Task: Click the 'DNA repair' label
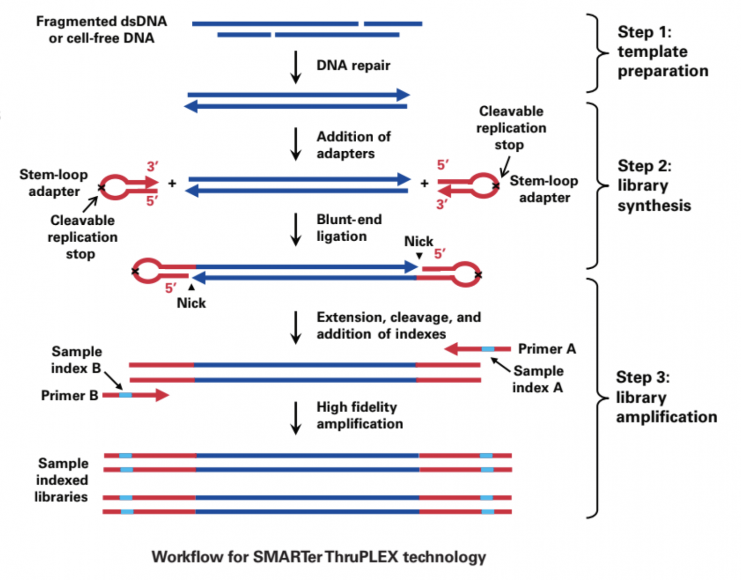(353, 65)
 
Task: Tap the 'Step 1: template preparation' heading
(662, 51)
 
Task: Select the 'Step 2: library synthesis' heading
(654, 186)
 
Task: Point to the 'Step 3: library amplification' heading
(666, 397)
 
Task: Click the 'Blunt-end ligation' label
(349, 228)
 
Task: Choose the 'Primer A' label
(547, 348)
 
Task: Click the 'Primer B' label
(69, 395)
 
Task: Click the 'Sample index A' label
(538, 379)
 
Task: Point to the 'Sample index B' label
(76, 360)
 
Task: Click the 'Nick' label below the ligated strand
(191, 303)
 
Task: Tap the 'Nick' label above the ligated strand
(418, 241)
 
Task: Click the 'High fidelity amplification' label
(359, 415)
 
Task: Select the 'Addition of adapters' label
(353, 145)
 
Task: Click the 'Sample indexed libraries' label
(62, 480)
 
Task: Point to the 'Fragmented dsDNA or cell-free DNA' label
(102, 29)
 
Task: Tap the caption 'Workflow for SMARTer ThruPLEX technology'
(319, 557)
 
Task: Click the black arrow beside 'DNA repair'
(295, 67)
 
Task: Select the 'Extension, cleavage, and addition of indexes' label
(398, 325)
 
